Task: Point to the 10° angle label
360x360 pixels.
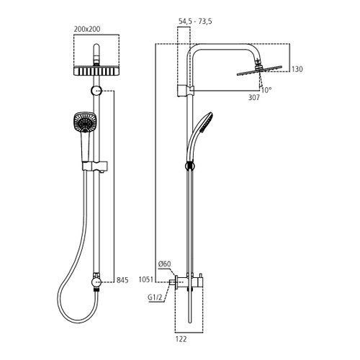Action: (267, 91)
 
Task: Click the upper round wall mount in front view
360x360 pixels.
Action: (97, 91)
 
